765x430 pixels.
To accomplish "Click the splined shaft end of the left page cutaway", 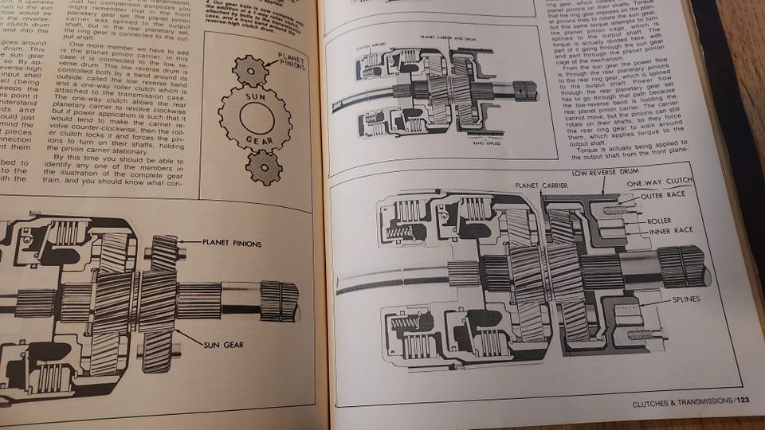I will (280, 301).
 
